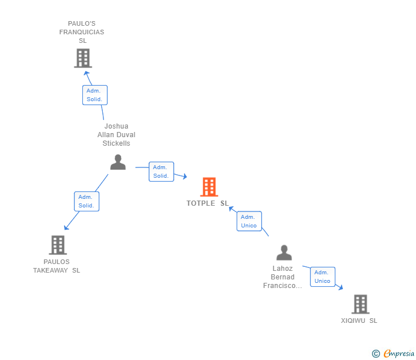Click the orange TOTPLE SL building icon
(209, 187)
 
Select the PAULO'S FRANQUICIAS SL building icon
(83, 58)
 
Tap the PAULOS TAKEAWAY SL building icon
(58, 245)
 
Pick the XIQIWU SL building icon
(360, 304)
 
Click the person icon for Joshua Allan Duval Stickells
(118, 162)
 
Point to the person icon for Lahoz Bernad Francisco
(283, 253)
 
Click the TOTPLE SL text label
(207, 203)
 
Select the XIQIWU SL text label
(359, 321)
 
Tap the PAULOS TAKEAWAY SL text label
(57, 266)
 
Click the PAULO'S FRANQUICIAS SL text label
(82, 32)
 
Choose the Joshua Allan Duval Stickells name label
(117, 135)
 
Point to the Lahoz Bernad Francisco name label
(282, 277)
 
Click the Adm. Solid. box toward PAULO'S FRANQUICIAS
(94, 95)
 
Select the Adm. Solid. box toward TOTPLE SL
(161, 171)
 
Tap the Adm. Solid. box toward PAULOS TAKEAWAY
(86, 201)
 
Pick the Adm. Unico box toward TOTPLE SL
(249, 221)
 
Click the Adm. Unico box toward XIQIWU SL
(322, 277)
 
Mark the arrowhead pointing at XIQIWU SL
(340, 287)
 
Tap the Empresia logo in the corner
(393, 354)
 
